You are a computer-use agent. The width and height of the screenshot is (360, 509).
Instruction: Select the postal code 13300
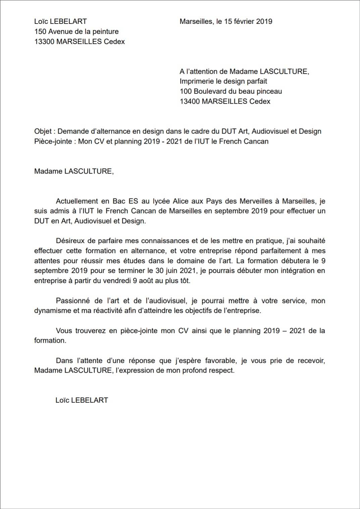pyautogui.click(x=44, y=42)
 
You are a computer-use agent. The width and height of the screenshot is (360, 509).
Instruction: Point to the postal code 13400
pyautogui.click(x=190, y=101)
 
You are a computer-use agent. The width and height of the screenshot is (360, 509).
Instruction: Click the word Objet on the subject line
pyautogui.click(x=43, y=131)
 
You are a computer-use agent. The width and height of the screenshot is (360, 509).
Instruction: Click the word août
pyautogui.click(x=147, y=281)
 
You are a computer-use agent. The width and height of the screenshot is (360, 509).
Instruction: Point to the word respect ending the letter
pyautogui.click(x=221, y=370)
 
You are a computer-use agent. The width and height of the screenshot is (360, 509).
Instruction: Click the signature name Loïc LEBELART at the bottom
pyautogui.click(x=82, y=400)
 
